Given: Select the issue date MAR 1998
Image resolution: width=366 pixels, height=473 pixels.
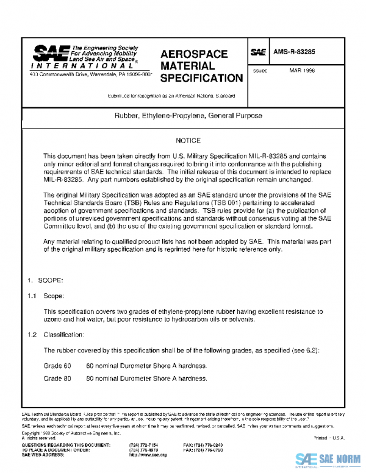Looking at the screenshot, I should [x=302, y=70].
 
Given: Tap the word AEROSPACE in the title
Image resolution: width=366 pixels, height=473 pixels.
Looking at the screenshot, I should [x=193, y=54].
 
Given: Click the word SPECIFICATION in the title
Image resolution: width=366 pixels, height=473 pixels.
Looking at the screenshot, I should [x=201, y=78].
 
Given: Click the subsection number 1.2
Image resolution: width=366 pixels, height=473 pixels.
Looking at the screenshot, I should [x=32, y=335].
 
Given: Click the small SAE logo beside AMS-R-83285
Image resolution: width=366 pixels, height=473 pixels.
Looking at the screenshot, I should [x=258, y=52].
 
